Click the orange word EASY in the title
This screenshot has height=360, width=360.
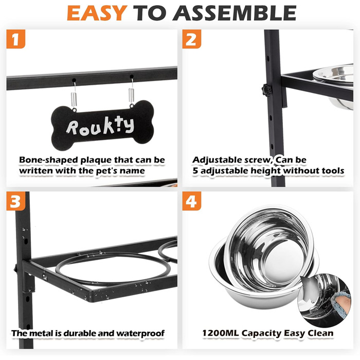[97, 13]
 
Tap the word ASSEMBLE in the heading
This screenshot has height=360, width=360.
[235, 13]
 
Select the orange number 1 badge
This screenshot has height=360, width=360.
[15, 39]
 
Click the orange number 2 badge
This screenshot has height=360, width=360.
[191, 39]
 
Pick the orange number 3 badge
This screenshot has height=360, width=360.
[15, 201]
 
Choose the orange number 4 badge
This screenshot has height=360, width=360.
[191, 201]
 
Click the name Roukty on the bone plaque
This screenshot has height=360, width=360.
[100, 125]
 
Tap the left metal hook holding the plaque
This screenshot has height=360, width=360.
[74, 94]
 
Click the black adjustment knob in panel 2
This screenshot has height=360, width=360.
[266, 89]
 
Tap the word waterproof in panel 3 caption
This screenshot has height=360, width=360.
[140, 333]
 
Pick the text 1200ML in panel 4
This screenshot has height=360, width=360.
[221, 333]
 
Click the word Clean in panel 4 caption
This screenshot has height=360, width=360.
[320, 333]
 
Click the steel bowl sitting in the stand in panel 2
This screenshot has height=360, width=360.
[335, 85]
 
